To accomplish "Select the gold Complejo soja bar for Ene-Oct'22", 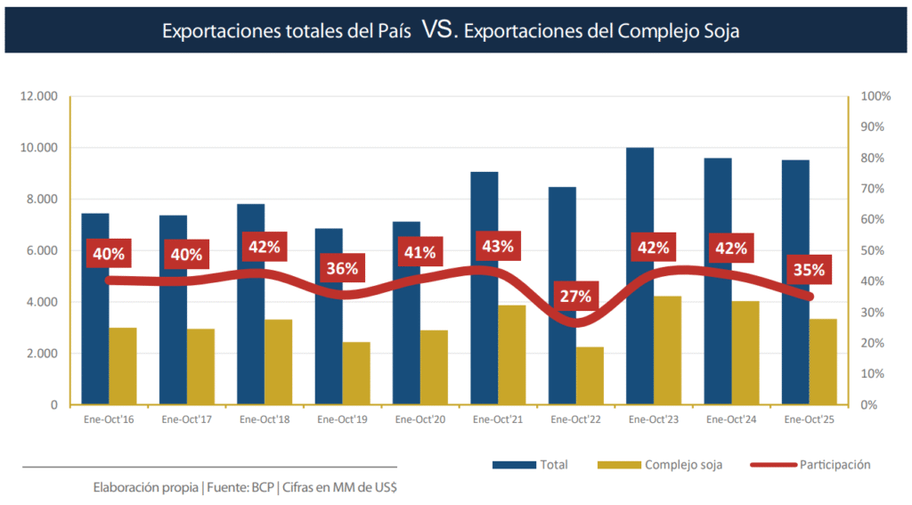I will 590,376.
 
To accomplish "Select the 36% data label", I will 341,268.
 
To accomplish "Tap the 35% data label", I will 808,270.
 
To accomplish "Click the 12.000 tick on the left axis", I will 38,96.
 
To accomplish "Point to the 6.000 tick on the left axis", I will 41,250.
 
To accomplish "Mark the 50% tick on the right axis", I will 873,250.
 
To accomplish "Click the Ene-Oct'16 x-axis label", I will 109,419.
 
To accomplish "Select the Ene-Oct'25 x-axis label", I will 809,419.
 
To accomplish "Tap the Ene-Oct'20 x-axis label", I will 419,419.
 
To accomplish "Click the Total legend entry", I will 552,465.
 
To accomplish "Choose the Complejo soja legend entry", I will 683,465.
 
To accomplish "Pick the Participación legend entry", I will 835,465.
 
